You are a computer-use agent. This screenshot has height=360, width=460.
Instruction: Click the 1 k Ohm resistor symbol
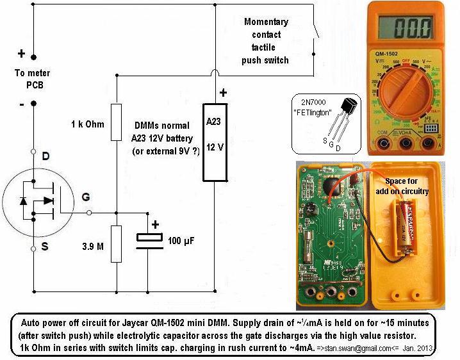(117, 122)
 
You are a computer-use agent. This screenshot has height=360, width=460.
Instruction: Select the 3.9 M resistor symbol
(117, 243)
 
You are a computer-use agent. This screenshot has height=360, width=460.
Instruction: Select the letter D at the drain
(45, 156)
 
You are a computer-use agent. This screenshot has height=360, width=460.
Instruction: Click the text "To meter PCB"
(33, 79)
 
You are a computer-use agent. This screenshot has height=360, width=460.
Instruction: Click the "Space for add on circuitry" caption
(410, 186)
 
